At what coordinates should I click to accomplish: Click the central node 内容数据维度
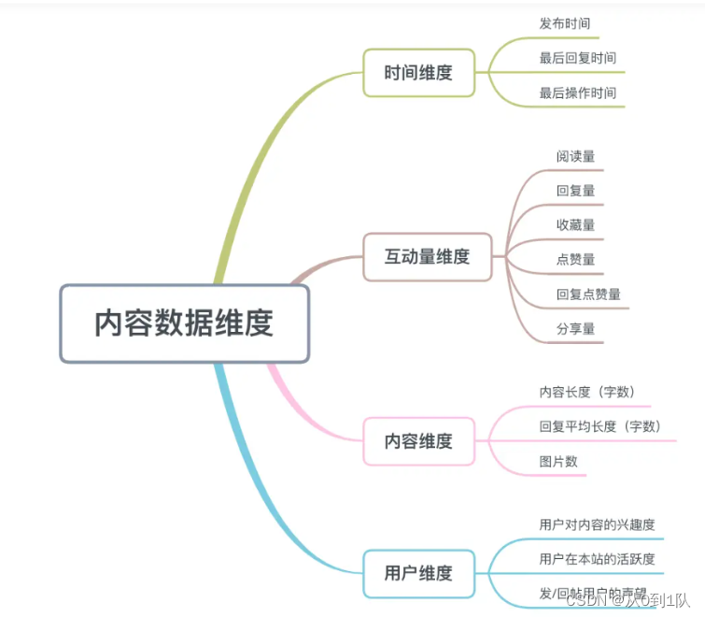click(x=184, y=323)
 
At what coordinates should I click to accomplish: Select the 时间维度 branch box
click(x=418, y=72)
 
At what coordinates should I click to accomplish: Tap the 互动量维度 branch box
click(x=427, y=256)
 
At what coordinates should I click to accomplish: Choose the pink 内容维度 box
click(x=418, y=441)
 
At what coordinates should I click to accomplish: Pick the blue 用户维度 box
click(x=418, y=573)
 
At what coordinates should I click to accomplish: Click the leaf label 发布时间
click(x=564, y=23)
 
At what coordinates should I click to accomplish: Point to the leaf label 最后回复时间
click(x=577, y=58)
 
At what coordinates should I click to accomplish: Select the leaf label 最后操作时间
click(x=577, y=93)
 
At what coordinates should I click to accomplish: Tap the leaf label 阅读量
click(x=575, y=155)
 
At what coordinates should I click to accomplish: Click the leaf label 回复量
click(x=575, y=190)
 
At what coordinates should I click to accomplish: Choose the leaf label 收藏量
click(x=575, y=224)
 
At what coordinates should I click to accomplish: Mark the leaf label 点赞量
click(x=575, y=259)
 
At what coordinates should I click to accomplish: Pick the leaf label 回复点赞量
click(x=588, y=294)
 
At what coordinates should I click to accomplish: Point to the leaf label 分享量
click(x=575, y=328)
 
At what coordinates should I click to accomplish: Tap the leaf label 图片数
click(x=558, y=461)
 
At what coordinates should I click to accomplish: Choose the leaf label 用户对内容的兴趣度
click(x=597, y=524)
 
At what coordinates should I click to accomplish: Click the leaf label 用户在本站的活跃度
click(x=597, y=559)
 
